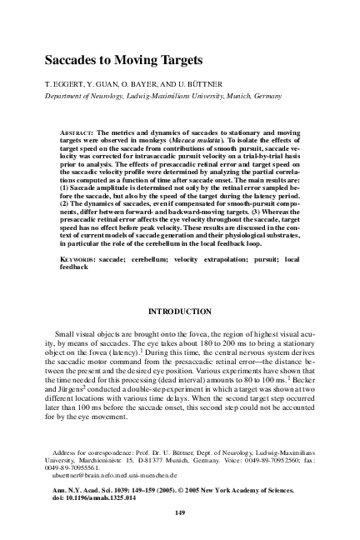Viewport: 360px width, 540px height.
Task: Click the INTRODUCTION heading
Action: (x=179, y=312)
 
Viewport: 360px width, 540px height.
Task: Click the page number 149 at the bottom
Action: (x=179, y=512)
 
